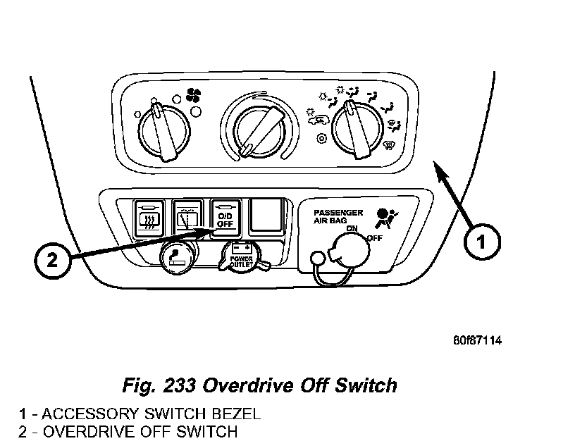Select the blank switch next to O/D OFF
click(x=264, y=216)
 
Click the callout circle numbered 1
click(x=481, y=242)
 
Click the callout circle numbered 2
click(x=53, y=261)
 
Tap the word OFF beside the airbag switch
click(x=374, y=238)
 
